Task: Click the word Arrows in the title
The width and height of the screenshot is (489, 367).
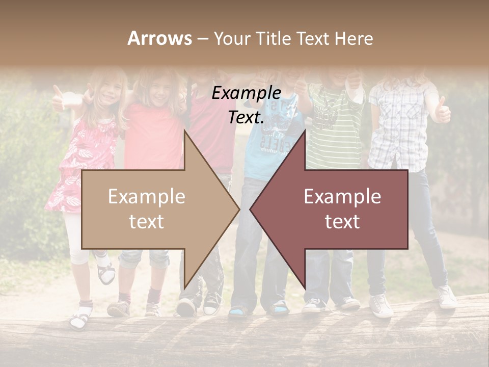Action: coord(159,38)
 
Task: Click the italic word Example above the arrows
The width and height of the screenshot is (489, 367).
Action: coord(246,93)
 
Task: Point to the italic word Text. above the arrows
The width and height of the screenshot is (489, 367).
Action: coord(246,118)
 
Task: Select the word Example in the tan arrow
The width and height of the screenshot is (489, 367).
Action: coord(147,197)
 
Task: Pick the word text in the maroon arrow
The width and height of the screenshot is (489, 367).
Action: coord(342,221)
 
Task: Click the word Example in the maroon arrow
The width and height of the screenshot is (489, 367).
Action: coord(342,197)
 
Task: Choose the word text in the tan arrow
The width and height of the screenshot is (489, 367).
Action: coord(147,221)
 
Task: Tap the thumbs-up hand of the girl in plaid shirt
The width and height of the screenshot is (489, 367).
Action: coord(442,111)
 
